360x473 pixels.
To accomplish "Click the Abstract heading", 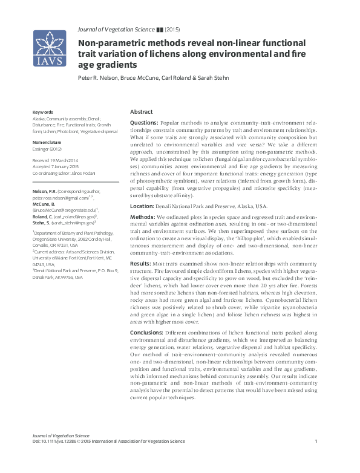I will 142,112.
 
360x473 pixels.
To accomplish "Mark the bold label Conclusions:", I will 147,333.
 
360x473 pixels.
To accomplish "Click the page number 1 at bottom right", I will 316,442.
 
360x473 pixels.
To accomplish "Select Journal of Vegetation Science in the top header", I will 115,29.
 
